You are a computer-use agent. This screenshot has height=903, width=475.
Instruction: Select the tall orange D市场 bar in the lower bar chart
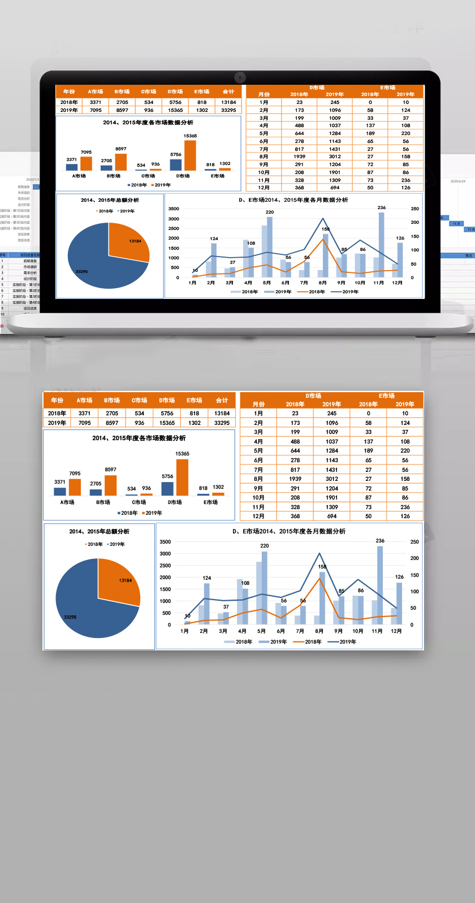182,477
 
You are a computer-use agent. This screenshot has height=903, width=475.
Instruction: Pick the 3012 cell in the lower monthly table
332,479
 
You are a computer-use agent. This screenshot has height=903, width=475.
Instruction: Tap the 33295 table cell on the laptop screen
228,110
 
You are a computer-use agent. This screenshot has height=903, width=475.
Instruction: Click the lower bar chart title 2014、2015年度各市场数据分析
139,438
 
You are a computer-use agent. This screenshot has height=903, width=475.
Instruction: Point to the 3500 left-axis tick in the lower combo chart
165,542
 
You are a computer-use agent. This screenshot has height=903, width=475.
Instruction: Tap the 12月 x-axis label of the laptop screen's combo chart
398,283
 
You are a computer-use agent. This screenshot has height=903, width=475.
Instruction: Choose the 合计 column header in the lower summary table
222,401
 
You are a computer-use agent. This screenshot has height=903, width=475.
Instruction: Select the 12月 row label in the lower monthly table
258,516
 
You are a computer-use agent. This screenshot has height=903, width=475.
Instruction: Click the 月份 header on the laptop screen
264,94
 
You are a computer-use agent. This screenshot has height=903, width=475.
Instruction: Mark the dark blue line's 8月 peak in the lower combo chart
319,554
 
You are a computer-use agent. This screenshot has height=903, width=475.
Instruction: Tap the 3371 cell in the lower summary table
85,413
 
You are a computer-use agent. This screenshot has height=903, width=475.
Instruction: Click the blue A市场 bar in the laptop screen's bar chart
72,167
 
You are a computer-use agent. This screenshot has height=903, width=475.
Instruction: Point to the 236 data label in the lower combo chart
380,541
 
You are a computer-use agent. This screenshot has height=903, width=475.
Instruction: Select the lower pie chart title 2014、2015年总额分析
100,531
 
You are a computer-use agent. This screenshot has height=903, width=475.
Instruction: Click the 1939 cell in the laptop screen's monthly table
299,157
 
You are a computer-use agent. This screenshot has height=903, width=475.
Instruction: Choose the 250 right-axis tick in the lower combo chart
414,542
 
